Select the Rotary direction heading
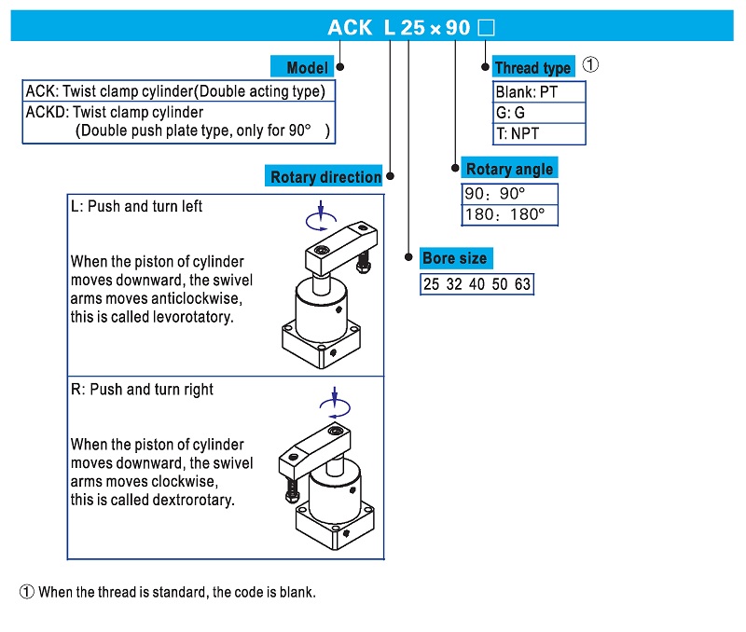pos(325,177)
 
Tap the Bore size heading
pos(454,258)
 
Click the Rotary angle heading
pos(509,169)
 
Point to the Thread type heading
pos(532,67)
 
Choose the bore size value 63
pos(522,284)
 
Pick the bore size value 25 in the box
pos(431,284)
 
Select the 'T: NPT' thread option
pos(518,133)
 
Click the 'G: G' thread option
pos(510,113)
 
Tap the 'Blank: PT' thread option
pos(526,92)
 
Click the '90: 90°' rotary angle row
pos(495,194)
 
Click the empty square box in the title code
pos(485,28)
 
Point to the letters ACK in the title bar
pos(349,28)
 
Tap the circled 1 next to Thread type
pos(590,65)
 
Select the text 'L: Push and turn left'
pos(136,206)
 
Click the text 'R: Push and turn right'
pos(142,390)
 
